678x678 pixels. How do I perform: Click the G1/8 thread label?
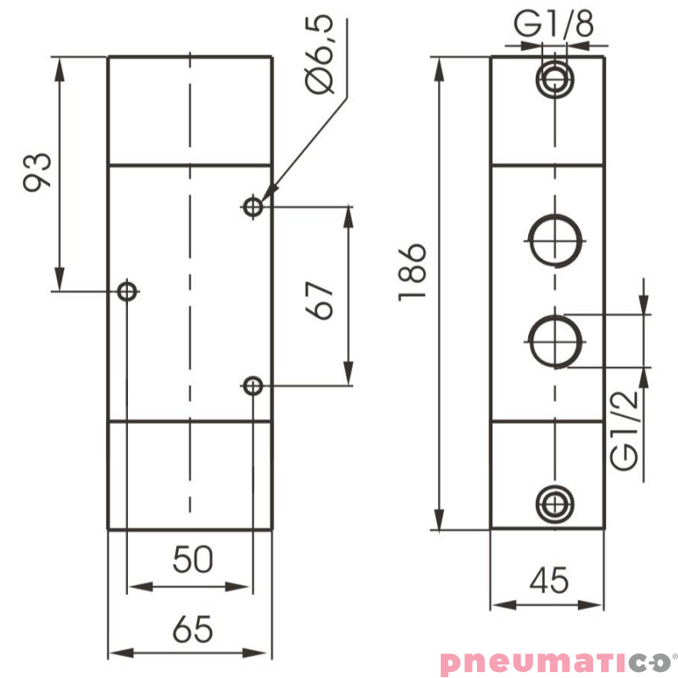tap(554, 25)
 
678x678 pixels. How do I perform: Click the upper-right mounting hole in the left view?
tap(252, 206)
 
